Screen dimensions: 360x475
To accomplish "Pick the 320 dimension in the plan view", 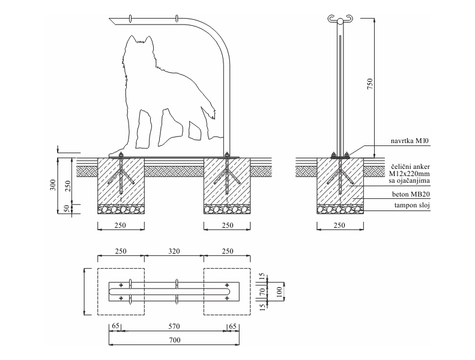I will point(174,251).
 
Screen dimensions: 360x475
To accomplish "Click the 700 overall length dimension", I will point(174,340).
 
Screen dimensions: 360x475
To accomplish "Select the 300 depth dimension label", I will point(53,185).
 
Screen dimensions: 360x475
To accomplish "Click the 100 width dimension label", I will point(279,292).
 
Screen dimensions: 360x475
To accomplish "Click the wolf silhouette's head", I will point(138,49).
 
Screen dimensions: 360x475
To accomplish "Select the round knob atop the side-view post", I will point(340,22).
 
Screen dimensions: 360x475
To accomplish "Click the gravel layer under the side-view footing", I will point(340,209).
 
